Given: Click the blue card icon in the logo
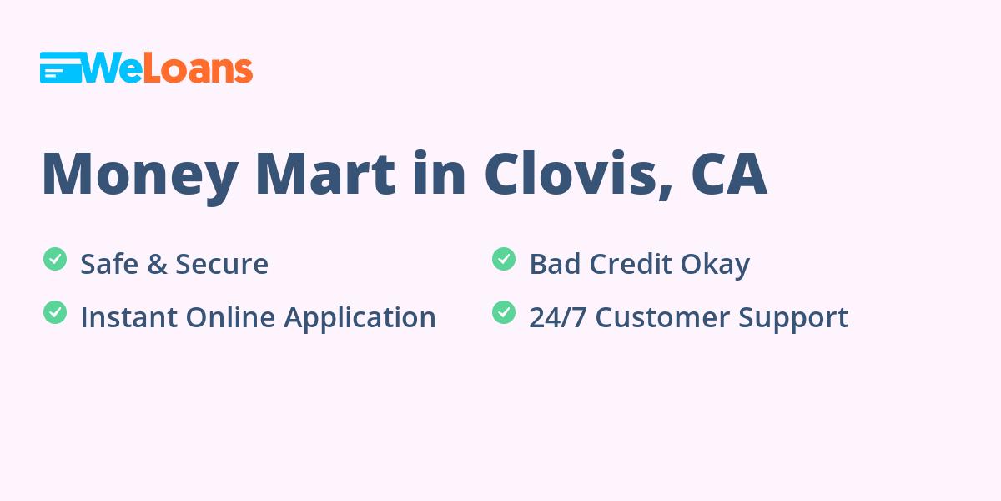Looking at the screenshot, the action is click(x=61, y=68).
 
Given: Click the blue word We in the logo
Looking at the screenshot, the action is click(x=112, y=68).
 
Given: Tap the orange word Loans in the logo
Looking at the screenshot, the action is click(x=198, y=69).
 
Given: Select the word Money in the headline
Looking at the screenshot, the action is click(x=140, y=178).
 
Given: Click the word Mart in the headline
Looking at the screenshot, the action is click(x=325, y=174).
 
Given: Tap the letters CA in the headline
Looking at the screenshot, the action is click(x=729, y=174).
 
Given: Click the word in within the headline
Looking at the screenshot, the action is click(x=440, y=173).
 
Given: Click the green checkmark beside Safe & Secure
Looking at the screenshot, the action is click(x=55, y=259).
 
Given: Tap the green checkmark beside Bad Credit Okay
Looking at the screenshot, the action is click(x=504, y=259).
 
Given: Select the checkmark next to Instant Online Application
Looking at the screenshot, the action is click(x=55, y=312).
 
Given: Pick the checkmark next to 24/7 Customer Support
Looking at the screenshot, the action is click(x=504, y=312).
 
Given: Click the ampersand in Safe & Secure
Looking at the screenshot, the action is click(x=157, y=264).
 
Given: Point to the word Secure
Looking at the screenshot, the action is click(x=222, y=264).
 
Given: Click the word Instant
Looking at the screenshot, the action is click(x=129, y=317).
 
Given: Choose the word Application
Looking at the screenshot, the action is click(x=360, y=319).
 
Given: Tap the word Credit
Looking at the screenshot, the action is click(x=631, y=264).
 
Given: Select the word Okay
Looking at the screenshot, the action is click(x=715, y=266).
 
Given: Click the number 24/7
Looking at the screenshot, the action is click(x=558, y=317).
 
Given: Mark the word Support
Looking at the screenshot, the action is click(x=793, y=319).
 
